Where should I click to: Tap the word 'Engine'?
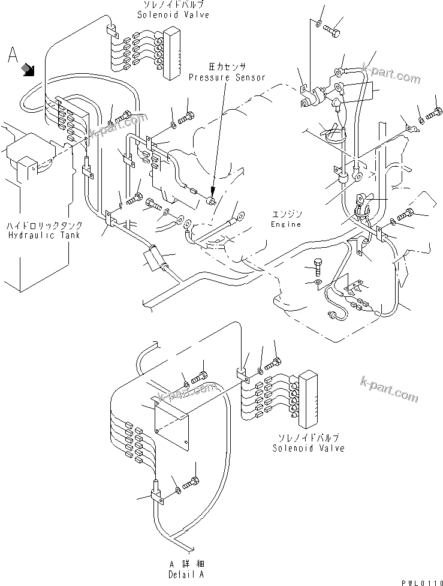pos(285,224)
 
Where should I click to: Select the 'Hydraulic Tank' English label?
pos(45,236)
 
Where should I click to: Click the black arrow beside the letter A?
pos(28,70)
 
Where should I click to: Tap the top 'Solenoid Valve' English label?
pos(173,14)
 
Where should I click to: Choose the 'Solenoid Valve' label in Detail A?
pos(308,447)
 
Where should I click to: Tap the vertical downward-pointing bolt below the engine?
pos(318,268)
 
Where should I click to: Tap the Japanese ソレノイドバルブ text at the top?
pos(173,5)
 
